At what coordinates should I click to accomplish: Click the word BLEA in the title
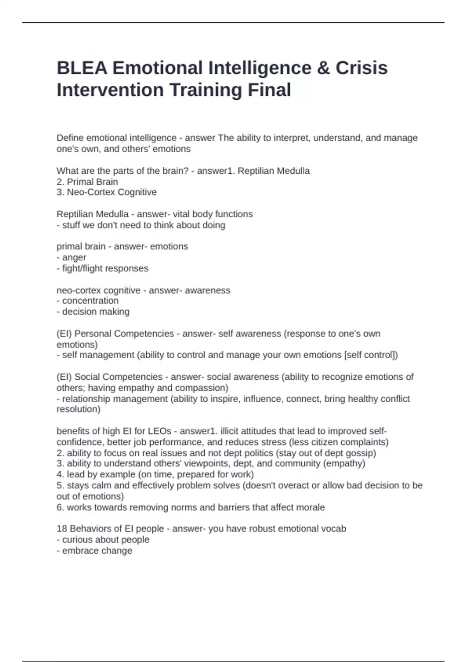pos(82,68)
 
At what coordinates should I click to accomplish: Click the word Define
pos(70,138)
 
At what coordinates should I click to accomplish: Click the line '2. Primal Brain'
pos(87,181)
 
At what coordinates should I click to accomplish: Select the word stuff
pos(71,225)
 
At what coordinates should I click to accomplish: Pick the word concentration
pos(90,301)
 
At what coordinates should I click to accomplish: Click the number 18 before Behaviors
pos(62,529)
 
